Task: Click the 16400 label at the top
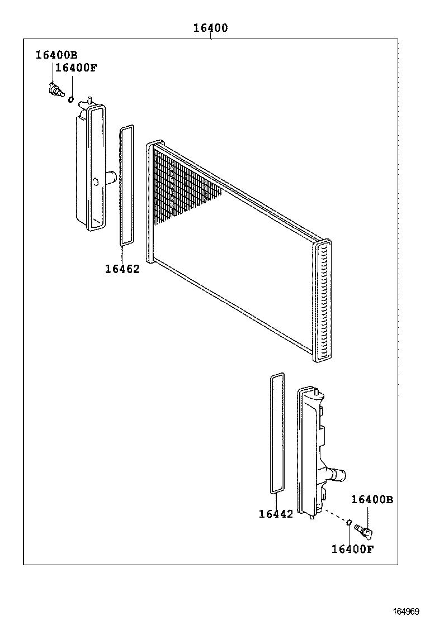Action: point(210,28)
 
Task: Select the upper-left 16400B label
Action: point(56,55)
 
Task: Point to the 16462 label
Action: point(122,269)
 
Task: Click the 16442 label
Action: point(276,514)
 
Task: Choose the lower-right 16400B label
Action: point(372,500)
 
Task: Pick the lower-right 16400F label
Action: point(352,549)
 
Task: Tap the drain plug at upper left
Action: point(55,90)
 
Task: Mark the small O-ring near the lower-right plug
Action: point(348,523)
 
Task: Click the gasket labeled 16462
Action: point(127,185)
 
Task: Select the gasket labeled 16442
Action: point(277,433)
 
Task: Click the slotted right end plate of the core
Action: point(323,302)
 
